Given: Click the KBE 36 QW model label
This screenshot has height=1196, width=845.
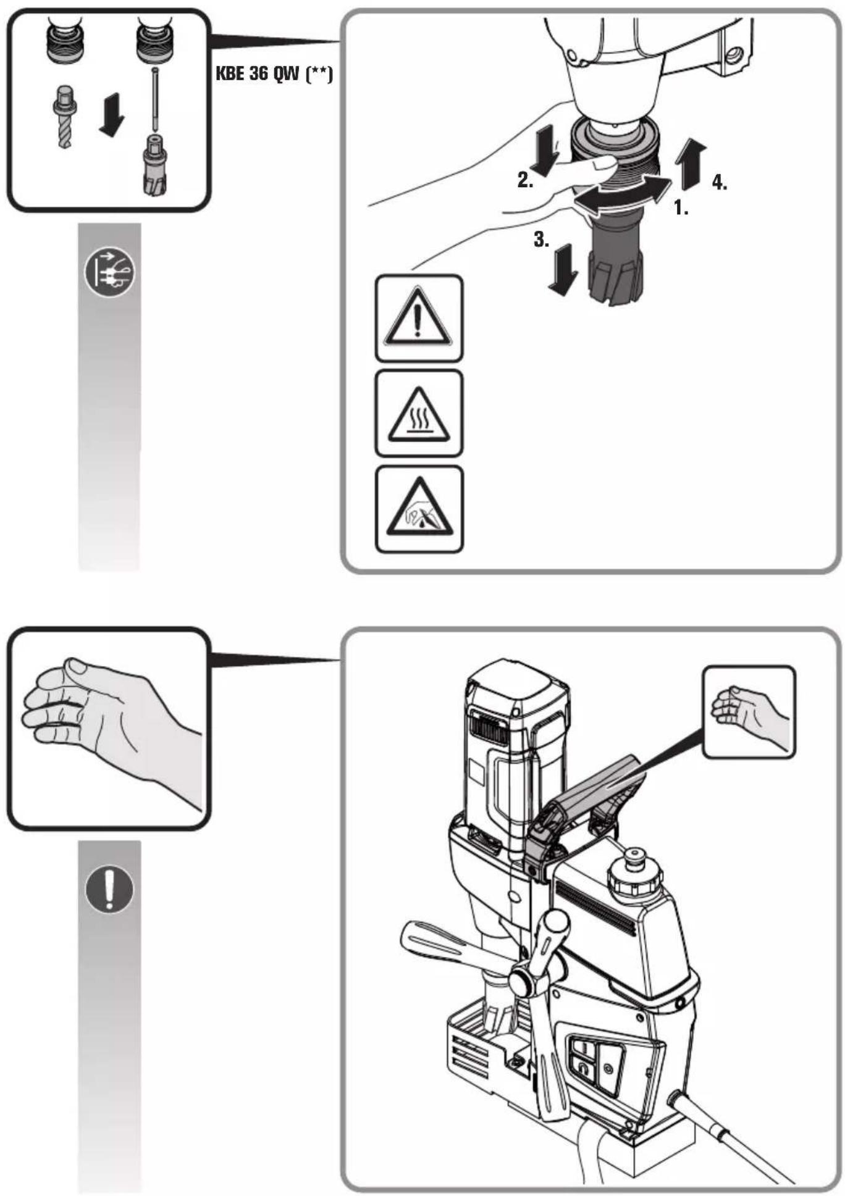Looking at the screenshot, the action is [x=274, y=74].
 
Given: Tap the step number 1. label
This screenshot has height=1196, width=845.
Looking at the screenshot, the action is [x=681, y=207].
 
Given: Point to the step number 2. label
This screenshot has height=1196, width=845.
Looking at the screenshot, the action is [x=526, y=180].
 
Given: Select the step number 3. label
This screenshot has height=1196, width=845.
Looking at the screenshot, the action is [x=541, y=240].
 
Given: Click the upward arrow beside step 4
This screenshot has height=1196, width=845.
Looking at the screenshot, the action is [x=690, y=164].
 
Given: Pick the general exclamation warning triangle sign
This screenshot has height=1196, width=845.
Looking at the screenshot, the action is [x=419, y=317].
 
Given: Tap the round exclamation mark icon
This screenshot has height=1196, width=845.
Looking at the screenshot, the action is [x=109, y=889].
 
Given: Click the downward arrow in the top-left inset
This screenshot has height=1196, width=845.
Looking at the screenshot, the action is [x=111, y=115].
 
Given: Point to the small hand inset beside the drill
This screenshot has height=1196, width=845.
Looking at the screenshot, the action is [x=749, y=712].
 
